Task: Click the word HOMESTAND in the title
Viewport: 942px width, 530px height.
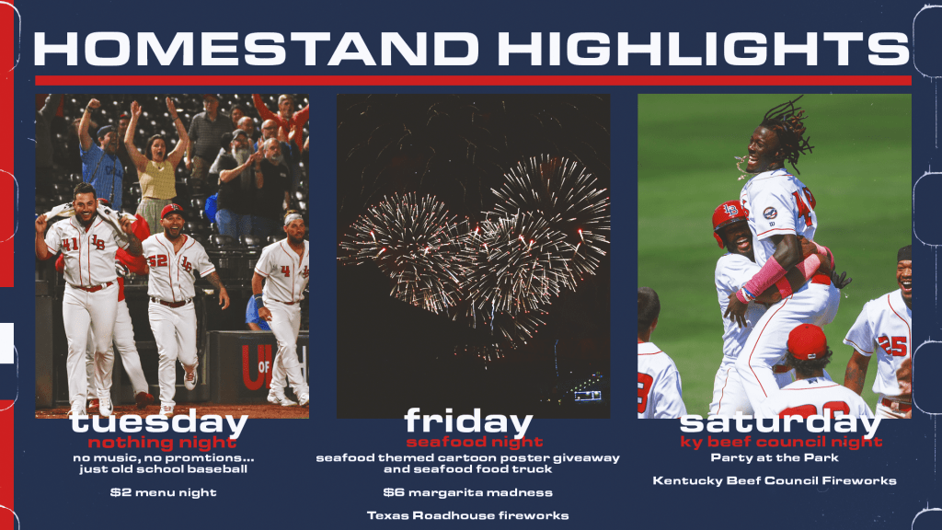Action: tap(256, 48)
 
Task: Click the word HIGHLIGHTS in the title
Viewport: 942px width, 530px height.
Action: tap(703, 48)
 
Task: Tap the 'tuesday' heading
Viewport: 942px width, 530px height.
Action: tap(159, 421)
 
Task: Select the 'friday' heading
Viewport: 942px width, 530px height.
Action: tap(468, 421)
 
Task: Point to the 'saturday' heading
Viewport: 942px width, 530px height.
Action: tap(780, 422)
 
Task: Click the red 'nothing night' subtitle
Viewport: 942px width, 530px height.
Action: tap(162, 443)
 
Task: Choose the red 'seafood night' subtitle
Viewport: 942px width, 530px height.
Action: tap(475, 443)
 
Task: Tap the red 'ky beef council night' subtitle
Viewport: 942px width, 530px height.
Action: tap(781, 443)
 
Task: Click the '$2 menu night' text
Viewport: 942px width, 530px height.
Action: tap(164, 492)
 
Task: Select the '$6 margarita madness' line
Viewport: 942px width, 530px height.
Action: tap(468, 492)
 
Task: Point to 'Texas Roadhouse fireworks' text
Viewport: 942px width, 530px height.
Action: tap(468, 515)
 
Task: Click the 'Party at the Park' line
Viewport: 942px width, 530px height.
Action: tap(775, 458)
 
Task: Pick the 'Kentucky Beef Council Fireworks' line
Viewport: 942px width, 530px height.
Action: tap(775, 480)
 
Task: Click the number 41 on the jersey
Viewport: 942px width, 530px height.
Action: tap(69, 244)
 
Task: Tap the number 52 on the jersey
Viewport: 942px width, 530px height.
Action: tap(157, 259)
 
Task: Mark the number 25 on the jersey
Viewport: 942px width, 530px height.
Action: tap(892, 346)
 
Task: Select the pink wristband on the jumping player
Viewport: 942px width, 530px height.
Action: tap(765, 278)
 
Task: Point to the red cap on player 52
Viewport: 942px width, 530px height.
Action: tap(172, 211)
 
